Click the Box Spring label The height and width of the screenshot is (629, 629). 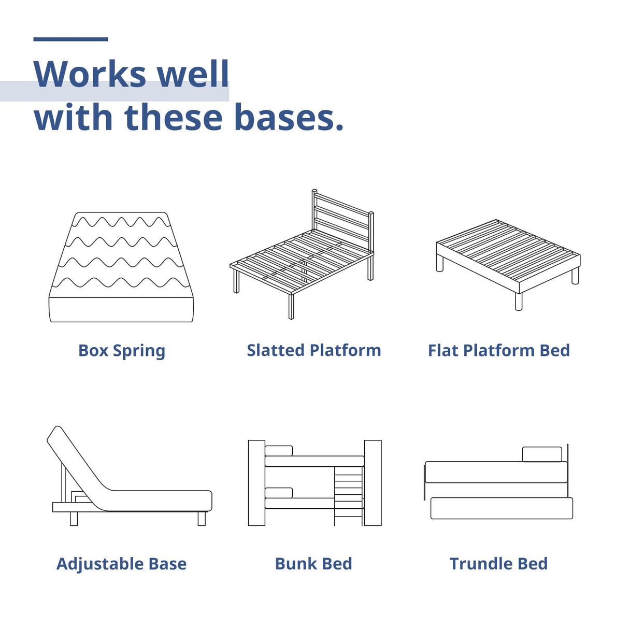pos(122,351)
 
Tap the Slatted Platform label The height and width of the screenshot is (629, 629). pos(313,350)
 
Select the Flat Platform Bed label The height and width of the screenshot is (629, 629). pos(498,350)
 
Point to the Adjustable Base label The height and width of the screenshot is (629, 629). pos(121,564)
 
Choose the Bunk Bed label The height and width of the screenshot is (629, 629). pos(313,564)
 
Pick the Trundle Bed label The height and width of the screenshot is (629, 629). pos(498,564)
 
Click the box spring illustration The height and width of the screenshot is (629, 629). pos(121,267)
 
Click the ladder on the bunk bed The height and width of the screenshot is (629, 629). pos(348,495)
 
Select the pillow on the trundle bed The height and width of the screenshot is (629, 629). pos(542,454)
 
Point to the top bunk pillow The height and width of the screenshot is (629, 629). pos(279,451)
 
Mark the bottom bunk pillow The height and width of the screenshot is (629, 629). pos(279,492)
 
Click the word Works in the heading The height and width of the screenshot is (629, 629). pos(89,74)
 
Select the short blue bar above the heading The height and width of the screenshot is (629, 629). pos(70,39)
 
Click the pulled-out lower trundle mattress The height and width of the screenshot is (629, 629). pos(502,508)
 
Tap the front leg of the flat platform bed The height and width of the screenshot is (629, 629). pos(519,302)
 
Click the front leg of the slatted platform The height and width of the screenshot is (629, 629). pos(291,307)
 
